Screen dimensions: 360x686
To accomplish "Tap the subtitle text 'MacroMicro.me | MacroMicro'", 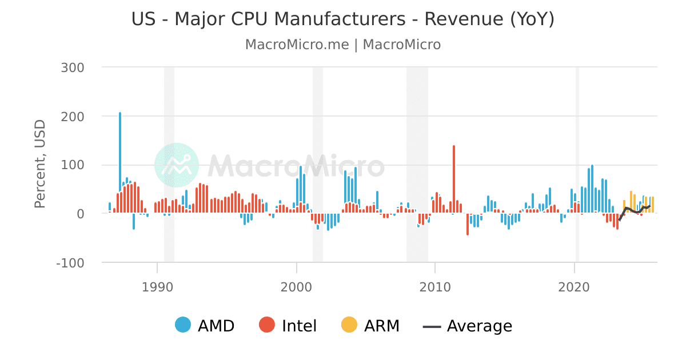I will pyautogui.click(x=343, y=45).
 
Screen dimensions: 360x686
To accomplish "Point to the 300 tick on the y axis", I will pyautogui.click(x=72, y=67).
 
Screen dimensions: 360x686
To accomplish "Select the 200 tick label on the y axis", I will pyautogui.click(x=72, y=116).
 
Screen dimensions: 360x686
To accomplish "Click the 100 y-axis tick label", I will pyautogui.click(x=72, y=165).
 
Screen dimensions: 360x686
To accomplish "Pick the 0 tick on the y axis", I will pyautogui.click(x=80, y=214).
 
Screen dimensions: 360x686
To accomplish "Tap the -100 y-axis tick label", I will pyautogui.click(x=69, y=263).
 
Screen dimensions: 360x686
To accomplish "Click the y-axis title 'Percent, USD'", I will pyautogui.click(x=40, y=165).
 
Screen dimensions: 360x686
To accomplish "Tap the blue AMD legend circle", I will pyautogui.click(x=184, y=326).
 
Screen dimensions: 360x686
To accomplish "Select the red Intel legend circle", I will pyautogui.click(x=268, y=326).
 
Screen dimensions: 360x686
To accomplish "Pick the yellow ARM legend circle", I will pyautogui.click(x=349, y=326).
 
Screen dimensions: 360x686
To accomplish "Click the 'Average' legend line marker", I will pyautogui.click(x=432, y=326).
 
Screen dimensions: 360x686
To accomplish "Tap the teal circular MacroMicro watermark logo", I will pyautogui.click(x=177, y=165).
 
